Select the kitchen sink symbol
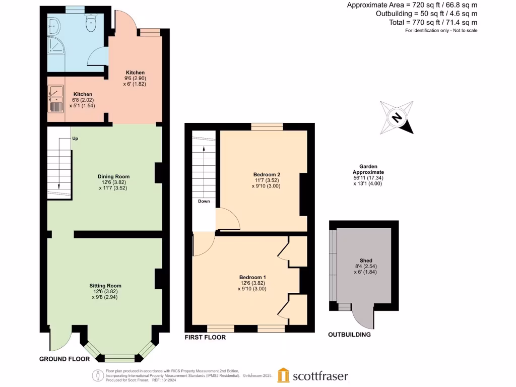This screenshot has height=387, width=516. point(55,98)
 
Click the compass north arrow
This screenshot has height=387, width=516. point(398,118)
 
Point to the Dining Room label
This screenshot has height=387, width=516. point(113,176)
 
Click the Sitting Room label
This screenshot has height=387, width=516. point(106,286)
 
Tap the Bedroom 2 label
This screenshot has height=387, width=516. point(267,175)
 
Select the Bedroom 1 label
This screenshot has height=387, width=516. point(252,278)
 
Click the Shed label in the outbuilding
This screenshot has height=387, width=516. point(365,261)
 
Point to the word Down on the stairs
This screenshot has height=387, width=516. point(204,201)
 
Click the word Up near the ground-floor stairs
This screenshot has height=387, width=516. point(75,138)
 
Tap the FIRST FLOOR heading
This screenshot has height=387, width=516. point(205,337)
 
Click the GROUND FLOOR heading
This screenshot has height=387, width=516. point(64,359)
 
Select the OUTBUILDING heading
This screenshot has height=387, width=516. point(349,335)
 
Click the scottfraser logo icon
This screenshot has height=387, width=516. point(284,375)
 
